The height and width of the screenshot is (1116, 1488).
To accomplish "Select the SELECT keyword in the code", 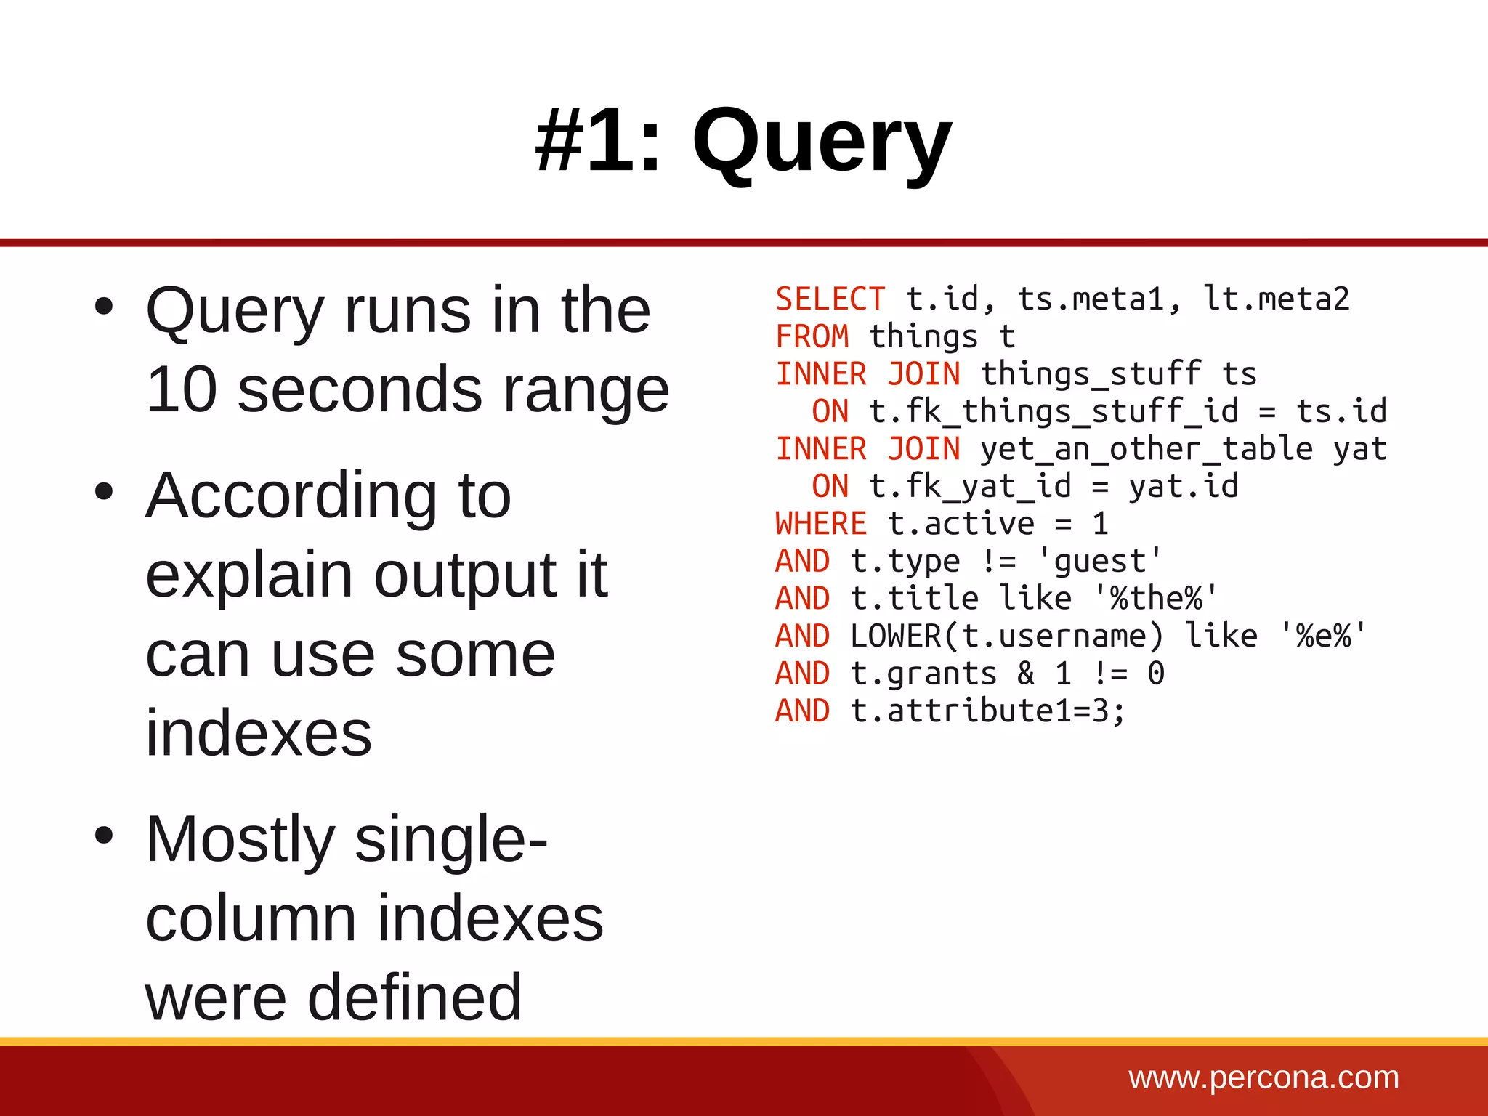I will click(x=830, y=299).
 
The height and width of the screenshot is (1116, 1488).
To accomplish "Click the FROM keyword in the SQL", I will click(x=812, y=337).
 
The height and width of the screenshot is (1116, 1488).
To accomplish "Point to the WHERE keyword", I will click(x=821, y=524).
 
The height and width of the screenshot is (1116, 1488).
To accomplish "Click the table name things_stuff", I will click(x=1091, y=375).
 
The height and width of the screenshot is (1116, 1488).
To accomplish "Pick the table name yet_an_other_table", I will click(x=1146, y=449).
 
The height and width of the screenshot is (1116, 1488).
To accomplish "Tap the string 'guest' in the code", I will click(x=1099, y=562).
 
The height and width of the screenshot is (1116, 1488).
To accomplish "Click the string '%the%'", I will click(x=1155, y=599).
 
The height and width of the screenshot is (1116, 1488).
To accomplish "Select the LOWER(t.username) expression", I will click(x=1007, y=636).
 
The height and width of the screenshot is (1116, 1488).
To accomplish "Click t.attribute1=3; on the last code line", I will click(x=988, y=711).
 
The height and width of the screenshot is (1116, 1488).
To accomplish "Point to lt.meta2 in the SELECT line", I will click(x=1276, y=299).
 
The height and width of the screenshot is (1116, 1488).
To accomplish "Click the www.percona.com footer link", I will click(x=1263, y=1077).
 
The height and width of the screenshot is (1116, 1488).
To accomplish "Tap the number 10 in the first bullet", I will click(x=182, y=390).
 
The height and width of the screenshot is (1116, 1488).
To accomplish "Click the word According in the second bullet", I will click(x=291, y=497).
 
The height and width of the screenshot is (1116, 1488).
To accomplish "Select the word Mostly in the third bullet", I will click(x=240, y=841).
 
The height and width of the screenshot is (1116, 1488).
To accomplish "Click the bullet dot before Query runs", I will click(x=104, y=306).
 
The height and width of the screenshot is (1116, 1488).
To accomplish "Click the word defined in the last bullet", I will click(x=414, y=998).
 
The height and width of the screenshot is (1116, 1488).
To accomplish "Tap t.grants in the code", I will click(x=923, y=674).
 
